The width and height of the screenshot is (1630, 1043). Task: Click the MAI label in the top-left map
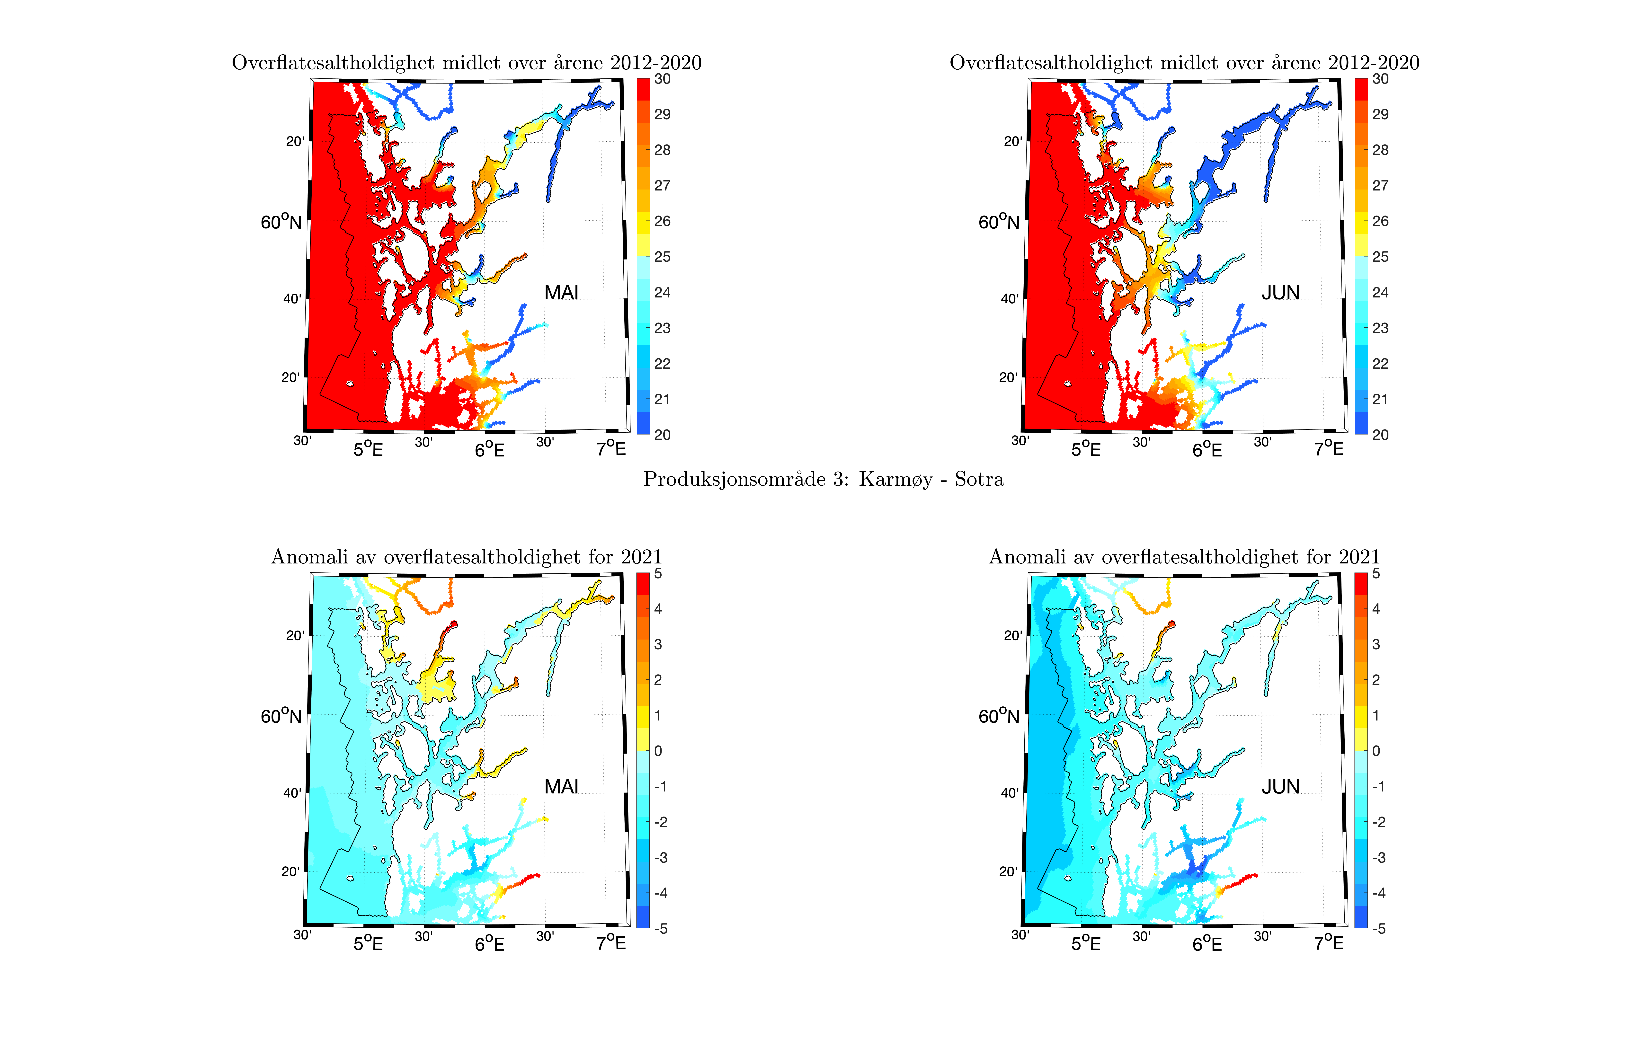click(x=561, y=293)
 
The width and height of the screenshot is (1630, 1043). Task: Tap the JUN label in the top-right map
click(x=1280, y=293)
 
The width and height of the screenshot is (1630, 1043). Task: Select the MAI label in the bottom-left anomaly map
click(x=561, y=787)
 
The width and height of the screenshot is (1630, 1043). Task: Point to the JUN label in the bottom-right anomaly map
click(x=1280, y=787)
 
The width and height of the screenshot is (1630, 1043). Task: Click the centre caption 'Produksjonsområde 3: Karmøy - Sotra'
click(x=824, y=480)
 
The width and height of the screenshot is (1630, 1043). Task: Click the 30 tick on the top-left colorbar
click(x=662, y=79)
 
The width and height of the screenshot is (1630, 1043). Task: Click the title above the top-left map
click(x=467, y=63)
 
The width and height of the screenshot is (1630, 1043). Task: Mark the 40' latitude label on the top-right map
click(x=1010, y=299)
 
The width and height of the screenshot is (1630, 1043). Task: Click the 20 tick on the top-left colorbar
click(x=662, y=435)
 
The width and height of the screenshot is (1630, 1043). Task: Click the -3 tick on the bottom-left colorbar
click(x=660, y=857)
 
